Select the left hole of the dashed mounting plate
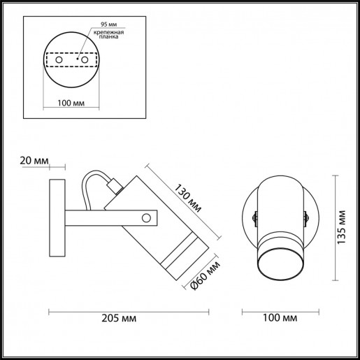[x=59, y=62]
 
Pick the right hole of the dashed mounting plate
[x=85, y=62]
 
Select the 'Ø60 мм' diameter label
[x=207, y=275]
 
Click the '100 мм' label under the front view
[x=278, y=318]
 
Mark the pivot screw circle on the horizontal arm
[x=146, y=218]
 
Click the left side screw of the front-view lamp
[x=254, y=215]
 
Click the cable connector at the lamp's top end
[x=117, y=186]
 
